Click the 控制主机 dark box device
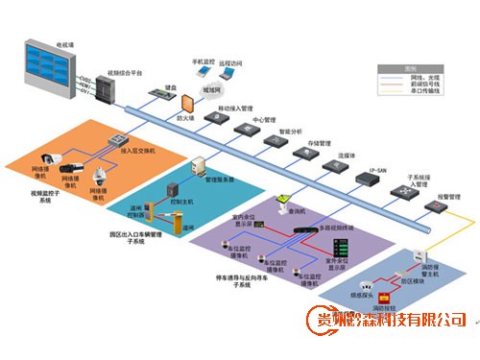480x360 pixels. tap(174, 189)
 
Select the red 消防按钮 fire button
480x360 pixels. tap(383, 297)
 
